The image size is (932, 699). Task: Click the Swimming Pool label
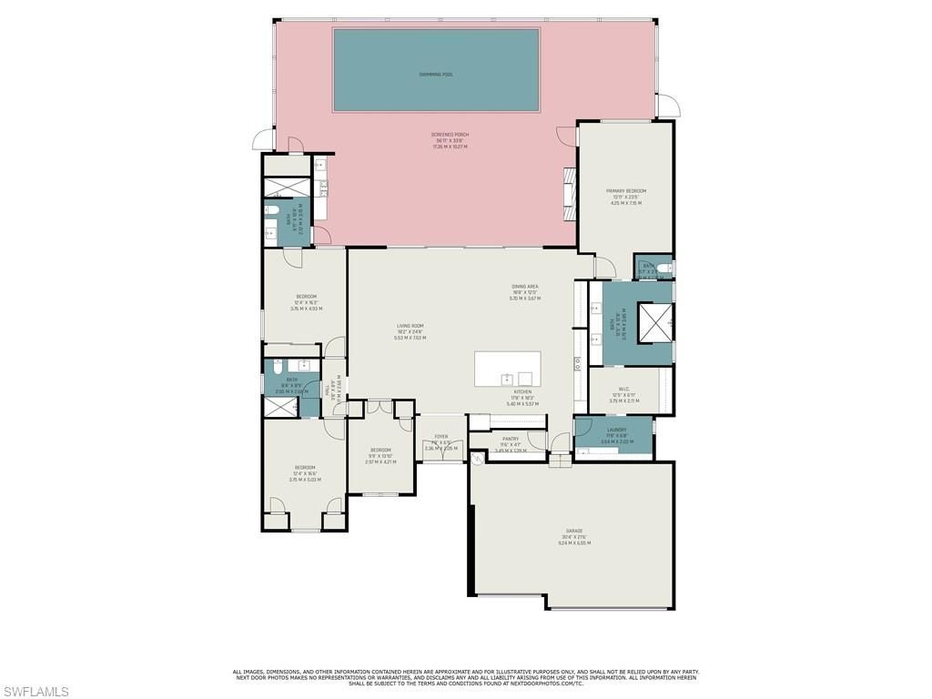click(x=436, y=74)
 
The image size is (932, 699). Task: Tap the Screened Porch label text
click(x=448, y=135)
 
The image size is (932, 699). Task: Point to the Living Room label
click(x=410, y=325)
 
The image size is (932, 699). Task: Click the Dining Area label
click(x=525, y=287)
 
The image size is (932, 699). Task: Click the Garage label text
click(x=574, y=531)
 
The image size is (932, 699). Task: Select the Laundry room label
click(x=616, y=430)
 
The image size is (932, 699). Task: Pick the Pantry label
click(x=510, y=439)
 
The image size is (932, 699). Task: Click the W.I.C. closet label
click(x=624, y=388)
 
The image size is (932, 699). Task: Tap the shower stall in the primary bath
click(x=655, y=319)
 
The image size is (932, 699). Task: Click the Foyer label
click(x=441, y=437)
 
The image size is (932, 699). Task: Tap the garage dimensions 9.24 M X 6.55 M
click(x=574, y=543)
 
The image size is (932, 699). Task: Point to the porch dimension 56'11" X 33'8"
click(x=448, y=141)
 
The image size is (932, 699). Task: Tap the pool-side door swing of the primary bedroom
click(x=569, y=135)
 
